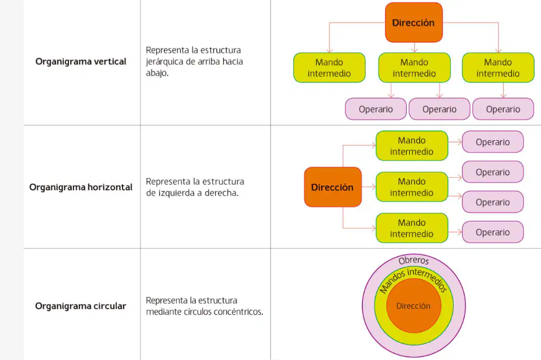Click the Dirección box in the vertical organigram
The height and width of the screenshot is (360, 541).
pyautogui.click(x=414, y=22)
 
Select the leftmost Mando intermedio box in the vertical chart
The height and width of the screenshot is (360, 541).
pyautogui.click(x=329, y=68)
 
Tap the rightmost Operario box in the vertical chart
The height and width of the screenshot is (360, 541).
pyautogui.click(x=503, y=109)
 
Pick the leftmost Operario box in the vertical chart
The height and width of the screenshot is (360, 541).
pyautogui.click(x=376, y=109)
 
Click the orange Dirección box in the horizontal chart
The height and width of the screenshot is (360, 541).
pyautogui.click(x=333, y=187)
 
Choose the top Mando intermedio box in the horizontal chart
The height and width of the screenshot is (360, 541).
pyautogui.click(x=412, y=145)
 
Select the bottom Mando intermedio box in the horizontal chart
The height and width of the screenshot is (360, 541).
pyautogui.click(x=412, y=228)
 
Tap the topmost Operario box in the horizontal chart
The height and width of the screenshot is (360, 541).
pyautogui.click(x=493, y=142)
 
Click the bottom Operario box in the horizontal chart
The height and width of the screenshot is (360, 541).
pyautogui.click(x=493, y=232)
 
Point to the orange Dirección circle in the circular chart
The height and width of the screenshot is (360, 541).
pyautogui.click(x=414, y=305)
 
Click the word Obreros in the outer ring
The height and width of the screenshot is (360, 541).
pyautogui.click(x=414, y=261)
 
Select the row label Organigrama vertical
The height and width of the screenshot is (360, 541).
pyautogui.click(x=81, y=61)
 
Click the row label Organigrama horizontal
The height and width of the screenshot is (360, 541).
pyautogui.click(x=81, y=187)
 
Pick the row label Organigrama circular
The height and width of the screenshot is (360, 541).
pyautogui.click(x=81, y=306)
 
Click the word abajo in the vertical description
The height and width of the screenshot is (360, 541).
pyautogui.click(x=157, y=73)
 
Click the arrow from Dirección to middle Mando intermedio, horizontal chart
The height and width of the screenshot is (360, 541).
pyautogui.click(x=369, y=187)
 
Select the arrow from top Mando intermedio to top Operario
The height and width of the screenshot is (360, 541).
pyautogui.click(x=455, y=142)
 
